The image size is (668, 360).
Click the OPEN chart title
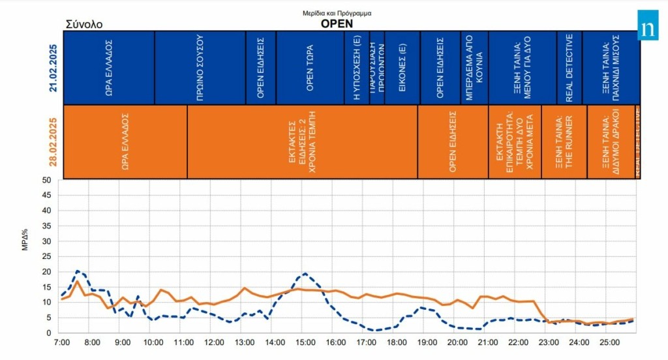(336, 23)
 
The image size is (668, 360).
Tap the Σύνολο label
(84, 24)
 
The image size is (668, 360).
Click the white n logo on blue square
(648, 29)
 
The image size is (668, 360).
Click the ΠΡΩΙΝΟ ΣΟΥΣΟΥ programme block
(200, 67)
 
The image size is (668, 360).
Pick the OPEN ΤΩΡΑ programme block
(310, 67)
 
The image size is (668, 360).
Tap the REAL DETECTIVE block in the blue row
(569, 67)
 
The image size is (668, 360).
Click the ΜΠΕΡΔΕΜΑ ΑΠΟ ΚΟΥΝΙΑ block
(474, 67)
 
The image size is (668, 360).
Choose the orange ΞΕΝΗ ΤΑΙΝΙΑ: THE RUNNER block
(563, 142)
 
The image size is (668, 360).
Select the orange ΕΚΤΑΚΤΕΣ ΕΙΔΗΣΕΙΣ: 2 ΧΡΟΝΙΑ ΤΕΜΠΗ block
(302, 142)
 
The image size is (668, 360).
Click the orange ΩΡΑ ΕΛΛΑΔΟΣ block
(125, 142)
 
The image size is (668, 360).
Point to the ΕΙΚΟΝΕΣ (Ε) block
(402, 67)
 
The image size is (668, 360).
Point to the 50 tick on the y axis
(47, 180)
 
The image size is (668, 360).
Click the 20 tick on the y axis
(47, 271)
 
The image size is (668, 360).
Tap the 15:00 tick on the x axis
(305, 342)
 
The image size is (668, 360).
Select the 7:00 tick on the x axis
(61, 342)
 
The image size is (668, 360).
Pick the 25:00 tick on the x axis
(609, 342)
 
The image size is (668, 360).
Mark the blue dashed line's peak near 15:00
(305, 274)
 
